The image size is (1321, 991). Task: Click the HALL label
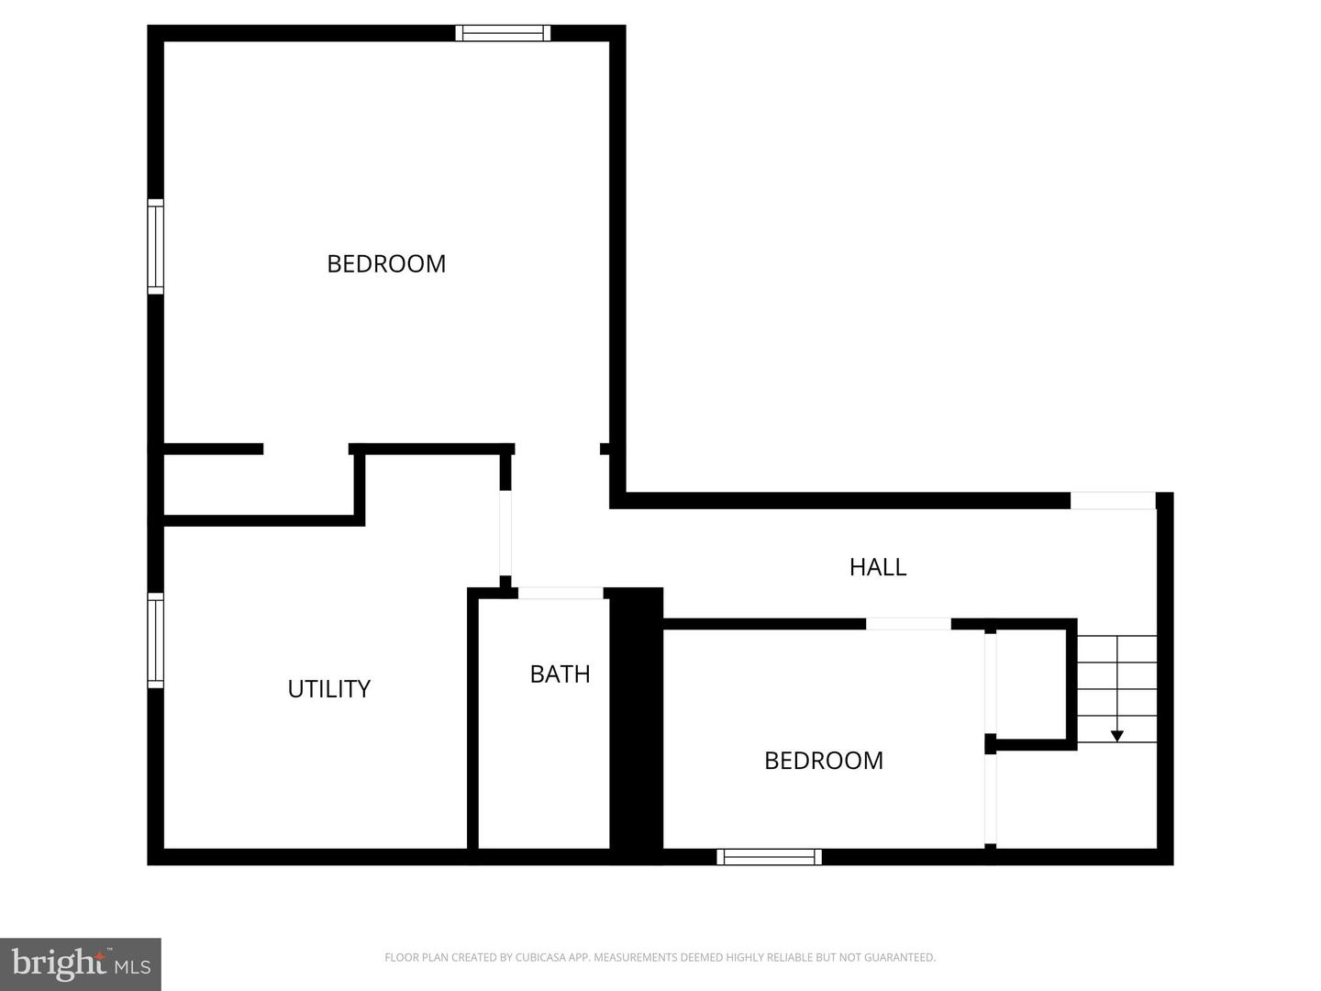click(878, 567)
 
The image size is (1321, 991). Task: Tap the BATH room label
click(560, 674)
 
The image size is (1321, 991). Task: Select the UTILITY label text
click(328, 689)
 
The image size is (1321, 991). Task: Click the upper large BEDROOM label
click(386, 264)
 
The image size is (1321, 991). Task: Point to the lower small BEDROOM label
click(823, 761)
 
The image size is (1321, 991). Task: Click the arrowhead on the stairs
click(1116, 735)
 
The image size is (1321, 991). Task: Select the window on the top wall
click(503, 33)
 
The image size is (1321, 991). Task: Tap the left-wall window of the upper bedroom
click(156, 246)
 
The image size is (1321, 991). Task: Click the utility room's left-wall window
click(156, 640)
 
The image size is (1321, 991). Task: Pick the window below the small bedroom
click(769, 857)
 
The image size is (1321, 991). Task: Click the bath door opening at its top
click(561, 594)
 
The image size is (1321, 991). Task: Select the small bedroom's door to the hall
click(908, 624)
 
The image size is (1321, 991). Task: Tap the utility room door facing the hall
click(505, 533)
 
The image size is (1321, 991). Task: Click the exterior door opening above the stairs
click(1112, 500)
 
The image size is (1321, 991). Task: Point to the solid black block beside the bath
click(637, 725)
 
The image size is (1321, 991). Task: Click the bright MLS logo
click(81, 964)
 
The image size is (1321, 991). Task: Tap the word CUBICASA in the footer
click(540, 958)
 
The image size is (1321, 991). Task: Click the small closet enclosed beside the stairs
click(1030, 684)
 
